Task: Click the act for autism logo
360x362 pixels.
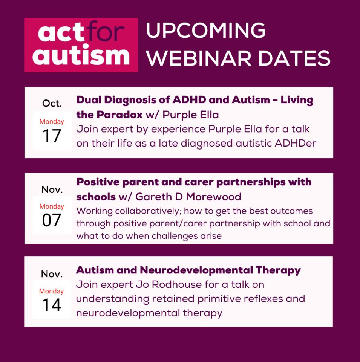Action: pos(81,45)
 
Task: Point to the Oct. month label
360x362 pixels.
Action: pos(52,103)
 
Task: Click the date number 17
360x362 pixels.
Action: pos(52,136)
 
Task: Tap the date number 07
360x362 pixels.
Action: pos(52,220)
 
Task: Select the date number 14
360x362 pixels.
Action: pos(52,305)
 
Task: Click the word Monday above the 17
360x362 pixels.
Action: pos(52,122)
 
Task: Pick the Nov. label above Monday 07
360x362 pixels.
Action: pos(52,189)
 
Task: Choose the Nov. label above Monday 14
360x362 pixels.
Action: pos(52,274)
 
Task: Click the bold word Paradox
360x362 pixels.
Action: pos(119,115)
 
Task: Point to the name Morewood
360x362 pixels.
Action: pos(213,197)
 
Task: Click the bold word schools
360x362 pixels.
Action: pos(96,197)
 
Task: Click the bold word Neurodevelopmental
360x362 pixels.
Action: pos(196,270)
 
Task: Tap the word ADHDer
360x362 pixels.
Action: pos(295,143)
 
